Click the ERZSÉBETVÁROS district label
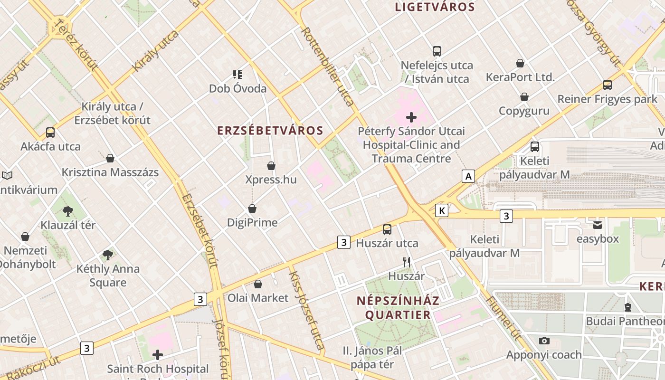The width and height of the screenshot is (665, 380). [x=270, y=131]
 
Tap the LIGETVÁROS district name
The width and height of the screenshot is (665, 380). [x=435, y=7]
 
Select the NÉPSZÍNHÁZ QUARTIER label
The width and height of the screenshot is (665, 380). [x=398, y=307]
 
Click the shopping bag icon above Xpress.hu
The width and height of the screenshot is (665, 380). [x=271, y=166]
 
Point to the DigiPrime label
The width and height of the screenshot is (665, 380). [x=252, y=222]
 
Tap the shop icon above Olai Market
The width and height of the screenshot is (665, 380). [x=257, y=284]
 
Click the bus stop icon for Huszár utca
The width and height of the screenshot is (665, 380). [x=387, y=229]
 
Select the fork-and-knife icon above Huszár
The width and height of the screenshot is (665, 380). [x=407, y=262]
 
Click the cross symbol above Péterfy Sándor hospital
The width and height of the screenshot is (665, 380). [x=411, y=117]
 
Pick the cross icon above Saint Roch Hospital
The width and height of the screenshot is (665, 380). [x=158, y=354]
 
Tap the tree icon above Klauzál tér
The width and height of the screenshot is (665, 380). [x=68, y=211]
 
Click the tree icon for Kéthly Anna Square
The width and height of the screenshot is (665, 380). [x=108, y=255]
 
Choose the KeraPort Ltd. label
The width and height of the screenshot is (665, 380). [x=520, y=77]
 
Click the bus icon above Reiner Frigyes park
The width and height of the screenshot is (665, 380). [x=607, y=85]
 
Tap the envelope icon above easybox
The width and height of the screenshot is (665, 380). [x=597, y=224]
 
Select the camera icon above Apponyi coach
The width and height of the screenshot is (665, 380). [x=544, y=341]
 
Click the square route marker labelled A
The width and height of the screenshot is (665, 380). [x=469, y=176]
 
